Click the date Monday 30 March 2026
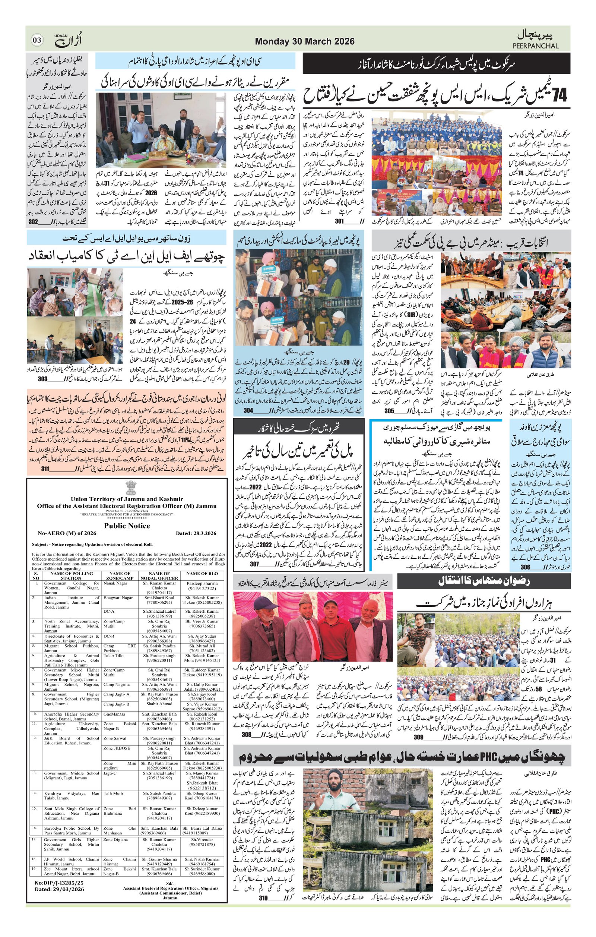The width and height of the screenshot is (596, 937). coord(305,41)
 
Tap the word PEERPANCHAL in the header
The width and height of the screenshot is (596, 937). coord(535,46)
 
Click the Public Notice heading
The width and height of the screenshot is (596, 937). coord(127,526)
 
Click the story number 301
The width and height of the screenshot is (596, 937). coord(339,221)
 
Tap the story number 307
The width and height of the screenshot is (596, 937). coord(255,564)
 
